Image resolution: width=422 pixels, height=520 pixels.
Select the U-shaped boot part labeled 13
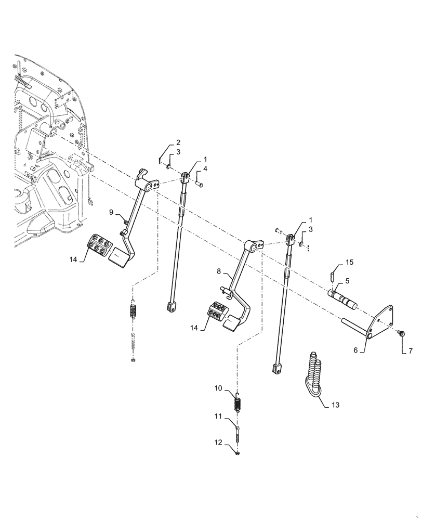point(314,369)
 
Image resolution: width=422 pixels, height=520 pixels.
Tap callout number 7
point(410,352)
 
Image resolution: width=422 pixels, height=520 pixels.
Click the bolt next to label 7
point(401,332)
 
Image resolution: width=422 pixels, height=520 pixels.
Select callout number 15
point(350,263)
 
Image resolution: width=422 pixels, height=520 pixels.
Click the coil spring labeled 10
point(239,402)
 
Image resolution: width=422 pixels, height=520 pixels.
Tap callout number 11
point(218,416)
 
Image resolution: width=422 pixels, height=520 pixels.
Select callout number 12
point(217,442)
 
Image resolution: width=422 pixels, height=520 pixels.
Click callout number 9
point(111,212)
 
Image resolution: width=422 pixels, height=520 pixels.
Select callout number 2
point(178,142)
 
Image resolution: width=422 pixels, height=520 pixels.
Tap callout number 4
point(206,169)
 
